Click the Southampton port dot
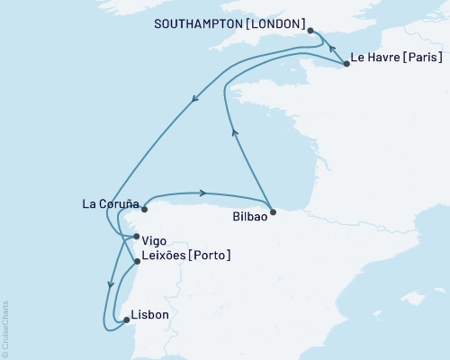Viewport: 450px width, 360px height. pos(310,31)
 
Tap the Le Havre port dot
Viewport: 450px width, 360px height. pos(346,65)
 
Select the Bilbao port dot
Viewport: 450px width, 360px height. pos(274,213)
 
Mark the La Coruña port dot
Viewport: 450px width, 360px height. pos(143,210)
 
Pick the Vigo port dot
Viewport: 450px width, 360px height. pos(136,238)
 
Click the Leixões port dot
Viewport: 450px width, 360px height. pos(136,262)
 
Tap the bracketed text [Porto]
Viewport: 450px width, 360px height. pos(210,256)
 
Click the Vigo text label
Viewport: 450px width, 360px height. pos(154,240)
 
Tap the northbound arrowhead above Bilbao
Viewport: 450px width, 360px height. pos(235,132)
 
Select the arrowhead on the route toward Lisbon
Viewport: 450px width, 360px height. pos(111,285)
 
